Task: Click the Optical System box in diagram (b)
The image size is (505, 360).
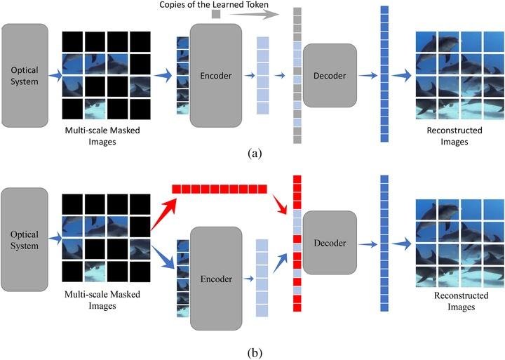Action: pos(25,239)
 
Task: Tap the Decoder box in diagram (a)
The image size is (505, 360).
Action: pos(330,76)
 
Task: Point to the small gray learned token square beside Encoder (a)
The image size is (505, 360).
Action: pos(216,14)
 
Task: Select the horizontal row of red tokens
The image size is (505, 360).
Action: pos(220,189)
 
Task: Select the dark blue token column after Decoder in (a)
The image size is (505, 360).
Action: pos(384,74)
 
